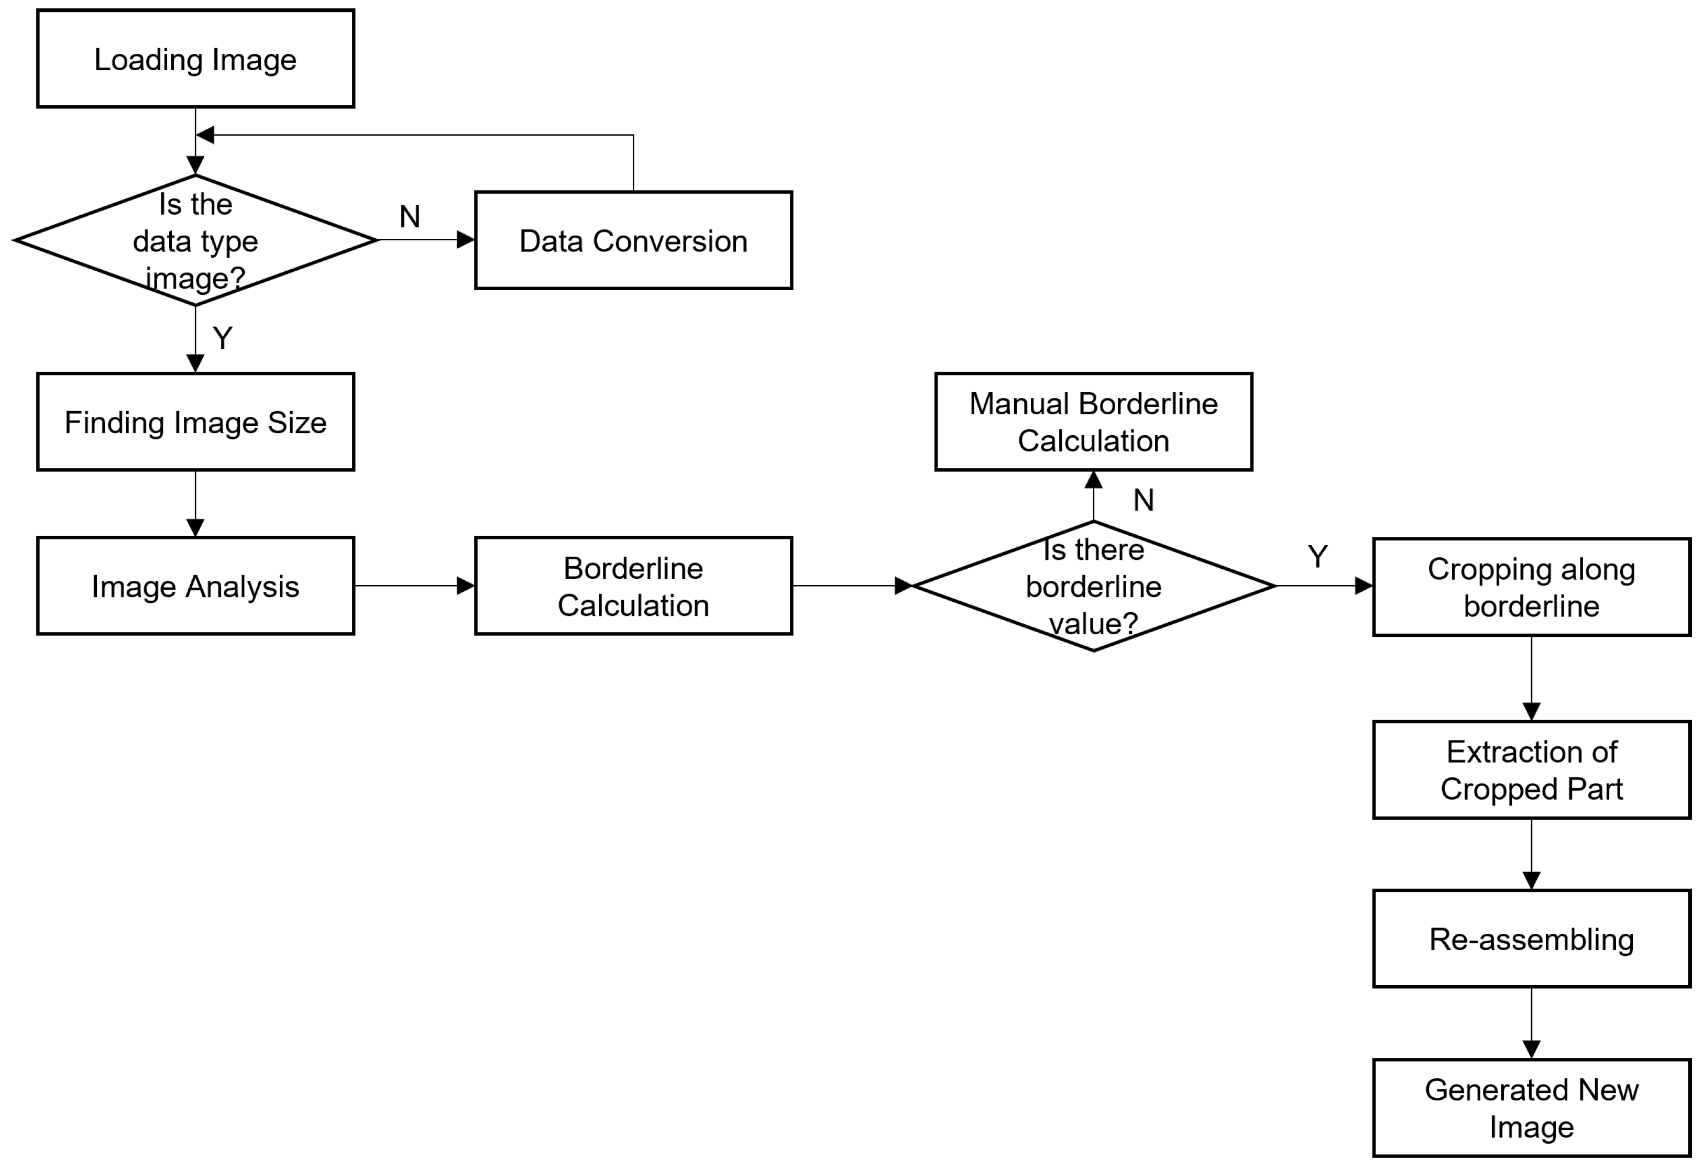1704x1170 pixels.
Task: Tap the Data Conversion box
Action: (633, 240)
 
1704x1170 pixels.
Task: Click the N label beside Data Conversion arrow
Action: (409, 217)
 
